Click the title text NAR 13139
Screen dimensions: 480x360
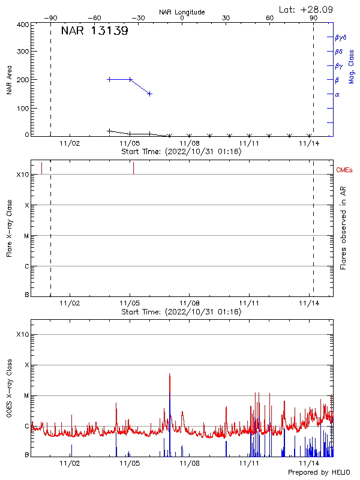click(x=94, y=31)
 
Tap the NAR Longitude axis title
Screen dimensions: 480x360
click(x=182, y=12)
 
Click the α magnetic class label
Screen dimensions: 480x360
click(x=337, y=94)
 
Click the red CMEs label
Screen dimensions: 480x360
click(x=344, y=171)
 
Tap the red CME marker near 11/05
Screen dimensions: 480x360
click(x=133, y=168)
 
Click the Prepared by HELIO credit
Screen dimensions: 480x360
click(x=319, y=473)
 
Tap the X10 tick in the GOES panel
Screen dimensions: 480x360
click(x=23, y=334)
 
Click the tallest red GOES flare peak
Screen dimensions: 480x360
click(x=170, y=374)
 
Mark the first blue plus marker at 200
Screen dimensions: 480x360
click(x=109, y=79)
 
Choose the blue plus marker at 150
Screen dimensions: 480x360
click(x=149, y=94)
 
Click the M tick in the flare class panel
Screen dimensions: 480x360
click(x=26, y=236)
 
